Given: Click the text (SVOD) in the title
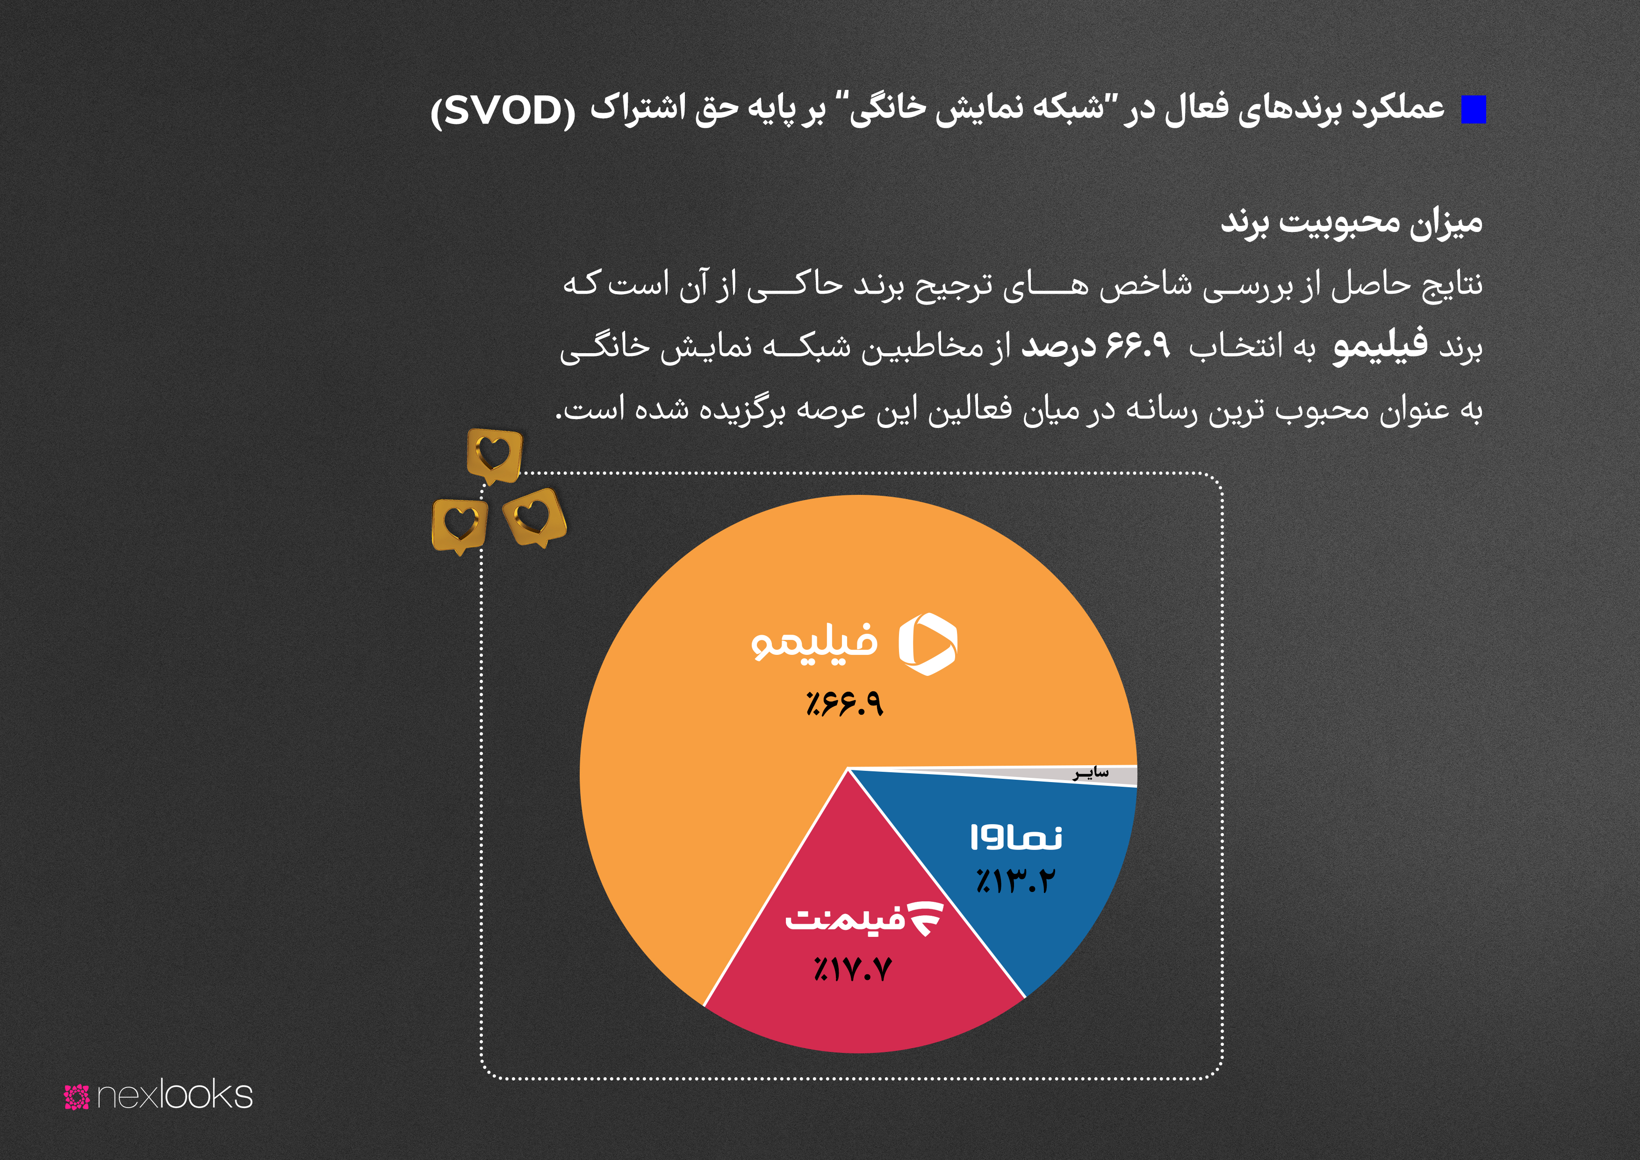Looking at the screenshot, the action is pos(503,111).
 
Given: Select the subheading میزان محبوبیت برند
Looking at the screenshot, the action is pos(1352,222).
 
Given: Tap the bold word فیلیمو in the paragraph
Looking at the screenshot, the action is pos(1381,346).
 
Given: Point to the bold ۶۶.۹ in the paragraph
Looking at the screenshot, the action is pos(1138,346).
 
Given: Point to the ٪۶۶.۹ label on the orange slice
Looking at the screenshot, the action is pos(844,704).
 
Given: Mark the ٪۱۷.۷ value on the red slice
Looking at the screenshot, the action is pos(853,970).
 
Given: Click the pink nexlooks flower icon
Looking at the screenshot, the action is pos(76,1096).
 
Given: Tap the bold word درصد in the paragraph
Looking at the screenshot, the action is pos(1058,347).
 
